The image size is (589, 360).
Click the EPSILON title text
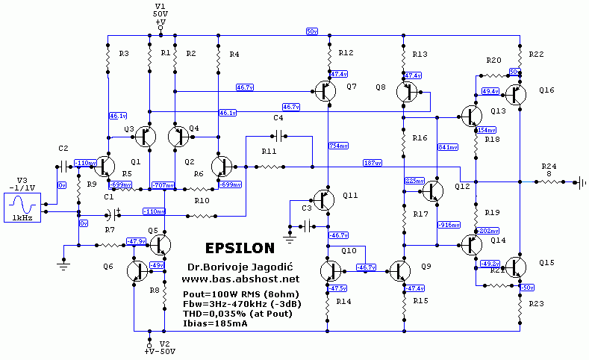(240, 247)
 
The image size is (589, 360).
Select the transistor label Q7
(352, 87)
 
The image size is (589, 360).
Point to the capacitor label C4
(278, 118)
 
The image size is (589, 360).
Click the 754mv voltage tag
(338, 146)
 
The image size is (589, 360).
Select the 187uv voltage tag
(373, 163)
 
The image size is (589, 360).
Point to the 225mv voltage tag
(414, 181)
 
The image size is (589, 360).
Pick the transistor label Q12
(462, 186)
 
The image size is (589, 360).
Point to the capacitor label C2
(63, 148)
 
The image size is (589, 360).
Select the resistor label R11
(269, 152)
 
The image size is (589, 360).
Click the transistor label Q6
(109, 267)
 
